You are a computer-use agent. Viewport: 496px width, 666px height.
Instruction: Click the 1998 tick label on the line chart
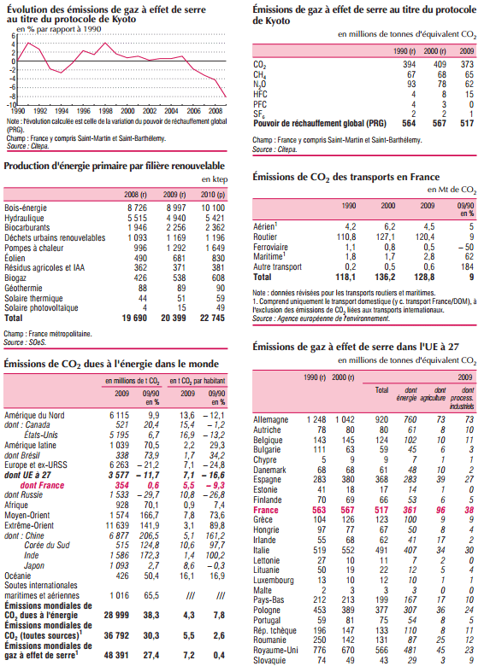(105, 111)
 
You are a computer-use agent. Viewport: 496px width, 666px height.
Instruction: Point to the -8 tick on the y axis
(13, 96)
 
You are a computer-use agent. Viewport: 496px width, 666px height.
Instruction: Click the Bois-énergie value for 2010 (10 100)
(212, 207)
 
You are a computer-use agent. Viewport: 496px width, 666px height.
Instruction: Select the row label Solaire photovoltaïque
(41, 308)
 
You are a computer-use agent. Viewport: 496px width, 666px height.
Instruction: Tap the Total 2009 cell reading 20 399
(173, 318)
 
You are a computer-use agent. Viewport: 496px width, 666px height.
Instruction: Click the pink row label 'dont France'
(42, 485)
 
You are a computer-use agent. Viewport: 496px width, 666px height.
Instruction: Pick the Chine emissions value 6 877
(119, 535)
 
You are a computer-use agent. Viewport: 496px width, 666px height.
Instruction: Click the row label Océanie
(17, 576)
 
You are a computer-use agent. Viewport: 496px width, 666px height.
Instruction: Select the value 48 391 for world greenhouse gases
(116, 656)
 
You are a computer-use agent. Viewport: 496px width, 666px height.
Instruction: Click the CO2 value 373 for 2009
(467, 64)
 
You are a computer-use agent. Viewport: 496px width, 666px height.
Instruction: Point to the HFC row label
(260, 94)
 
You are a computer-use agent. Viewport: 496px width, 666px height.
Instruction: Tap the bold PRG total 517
(467, 123)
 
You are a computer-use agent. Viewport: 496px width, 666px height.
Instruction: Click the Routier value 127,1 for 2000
(386, 237)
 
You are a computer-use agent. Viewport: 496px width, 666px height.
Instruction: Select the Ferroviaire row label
(270, 247)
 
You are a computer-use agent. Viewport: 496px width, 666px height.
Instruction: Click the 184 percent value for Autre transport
(467, 266)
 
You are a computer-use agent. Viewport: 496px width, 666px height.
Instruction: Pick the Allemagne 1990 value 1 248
(316, 419)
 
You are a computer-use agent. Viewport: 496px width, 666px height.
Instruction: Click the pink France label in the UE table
(265, 510)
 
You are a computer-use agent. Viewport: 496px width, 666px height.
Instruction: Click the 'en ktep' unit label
(215, 179)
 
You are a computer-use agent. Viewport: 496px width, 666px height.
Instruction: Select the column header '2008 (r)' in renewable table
(135, 195)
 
